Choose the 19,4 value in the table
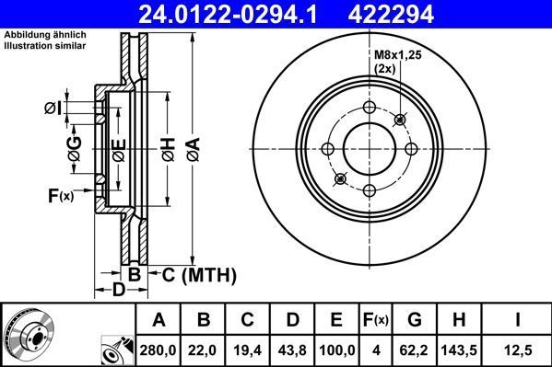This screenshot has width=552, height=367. [248, 350]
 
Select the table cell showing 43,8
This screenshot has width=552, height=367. [292, 350]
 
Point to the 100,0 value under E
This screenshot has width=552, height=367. [336, 350]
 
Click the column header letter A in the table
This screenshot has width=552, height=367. [159, 320]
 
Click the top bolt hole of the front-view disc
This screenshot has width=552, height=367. [370, 108]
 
